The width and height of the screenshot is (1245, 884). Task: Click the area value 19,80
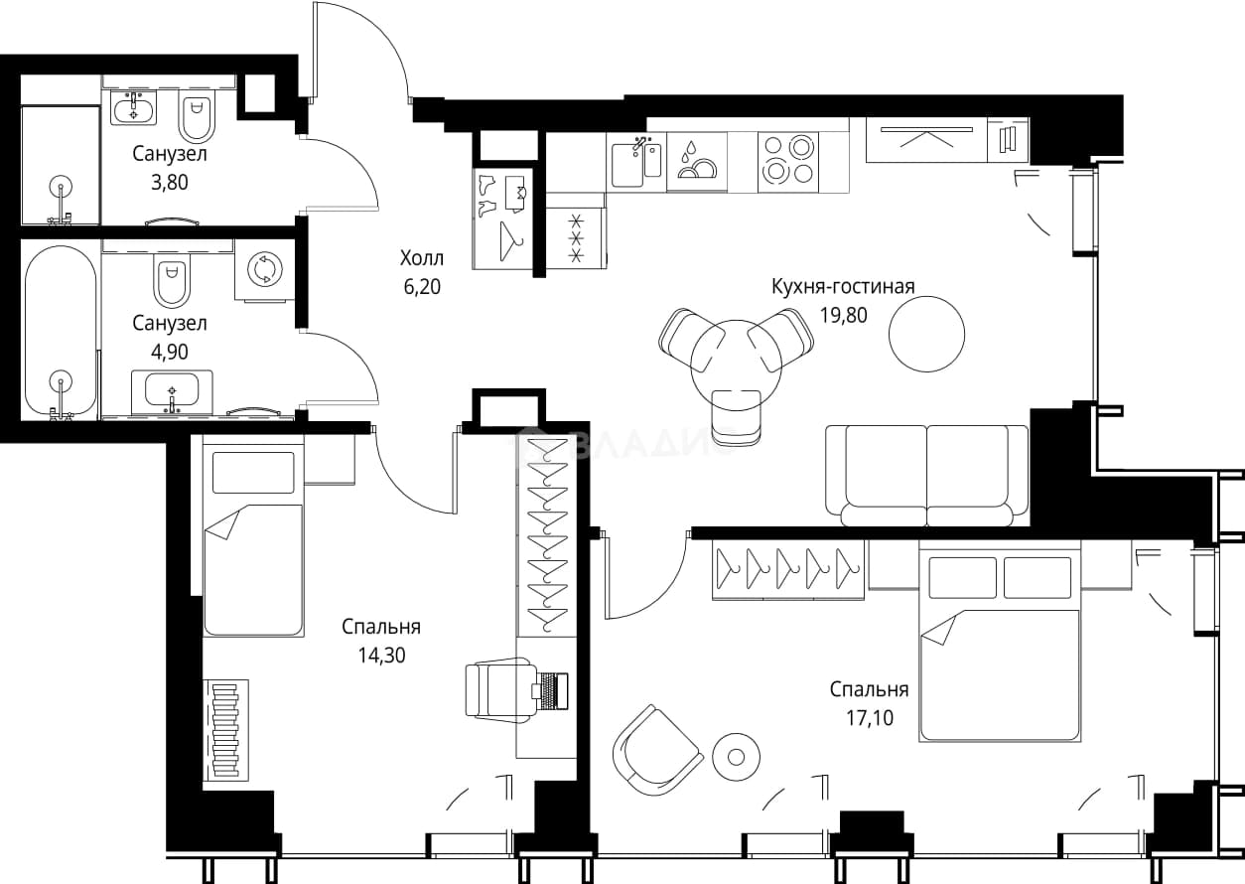point(843,315)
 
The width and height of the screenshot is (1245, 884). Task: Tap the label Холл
point(422,258)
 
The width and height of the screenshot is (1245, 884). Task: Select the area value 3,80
point(170,183)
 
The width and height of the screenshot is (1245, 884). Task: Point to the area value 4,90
point(170,352)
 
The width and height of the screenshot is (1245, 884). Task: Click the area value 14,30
point(381,656)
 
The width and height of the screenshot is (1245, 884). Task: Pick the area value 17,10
point(870,718)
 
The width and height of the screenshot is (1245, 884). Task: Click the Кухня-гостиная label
point(843,286)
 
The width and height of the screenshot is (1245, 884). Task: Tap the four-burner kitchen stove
point(788,162)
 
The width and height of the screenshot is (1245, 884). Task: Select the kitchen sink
point(637,162)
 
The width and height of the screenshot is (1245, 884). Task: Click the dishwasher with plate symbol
point(697,162)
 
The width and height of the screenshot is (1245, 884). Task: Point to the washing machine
point(264,270)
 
